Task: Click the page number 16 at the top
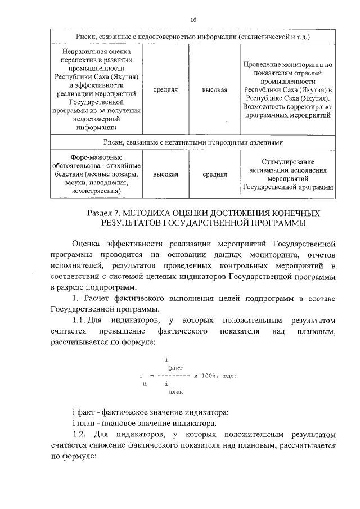(193, 20)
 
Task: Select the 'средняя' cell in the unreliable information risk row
(165, 89)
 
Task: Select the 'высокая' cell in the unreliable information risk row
(215, 89)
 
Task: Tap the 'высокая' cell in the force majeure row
(165, 174)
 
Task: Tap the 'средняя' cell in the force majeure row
(215, 174)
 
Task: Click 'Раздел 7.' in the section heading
(105, 214)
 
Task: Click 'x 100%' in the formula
(205, 375)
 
